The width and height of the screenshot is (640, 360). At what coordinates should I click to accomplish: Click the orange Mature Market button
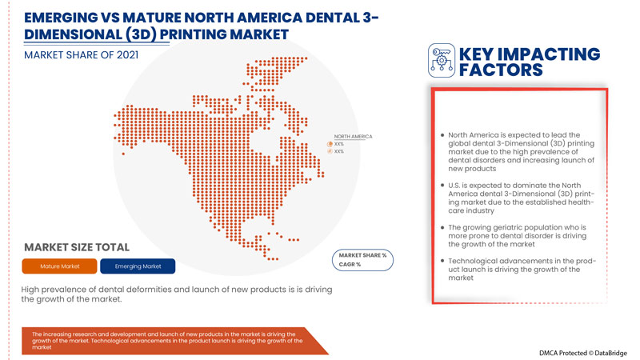[60, 266]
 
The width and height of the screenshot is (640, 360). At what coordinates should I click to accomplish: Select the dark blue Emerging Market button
[138, 266]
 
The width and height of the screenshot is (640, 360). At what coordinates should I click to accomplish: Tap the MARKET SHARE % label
[363, 255]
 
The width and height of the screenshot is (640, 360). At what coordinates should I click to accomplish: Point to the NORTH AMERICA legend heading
[353, 137]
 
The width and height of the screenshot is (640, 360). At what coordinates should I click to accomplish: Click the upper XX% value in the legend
[339, 144]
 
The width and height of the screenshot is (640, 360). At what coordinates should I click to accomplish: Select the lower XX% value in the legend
[339, 151]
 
